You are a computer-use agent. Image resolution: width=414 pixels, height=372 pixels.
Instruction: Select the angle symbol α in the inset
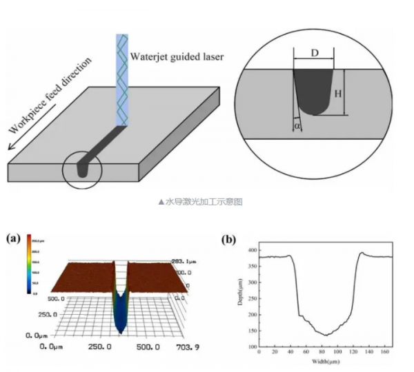[x=297, y=127]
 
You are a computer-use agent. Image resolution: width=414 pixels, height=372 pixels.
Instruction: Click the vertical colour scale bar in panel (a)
[x=32, y=265]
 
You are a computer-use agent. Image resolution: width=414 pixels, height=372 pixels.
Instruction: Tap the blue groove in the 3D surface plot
[x=121, y=313]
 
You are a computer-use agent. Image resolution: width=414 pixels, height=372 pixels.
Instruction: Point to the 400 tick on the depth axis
[x=251, y=249]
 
